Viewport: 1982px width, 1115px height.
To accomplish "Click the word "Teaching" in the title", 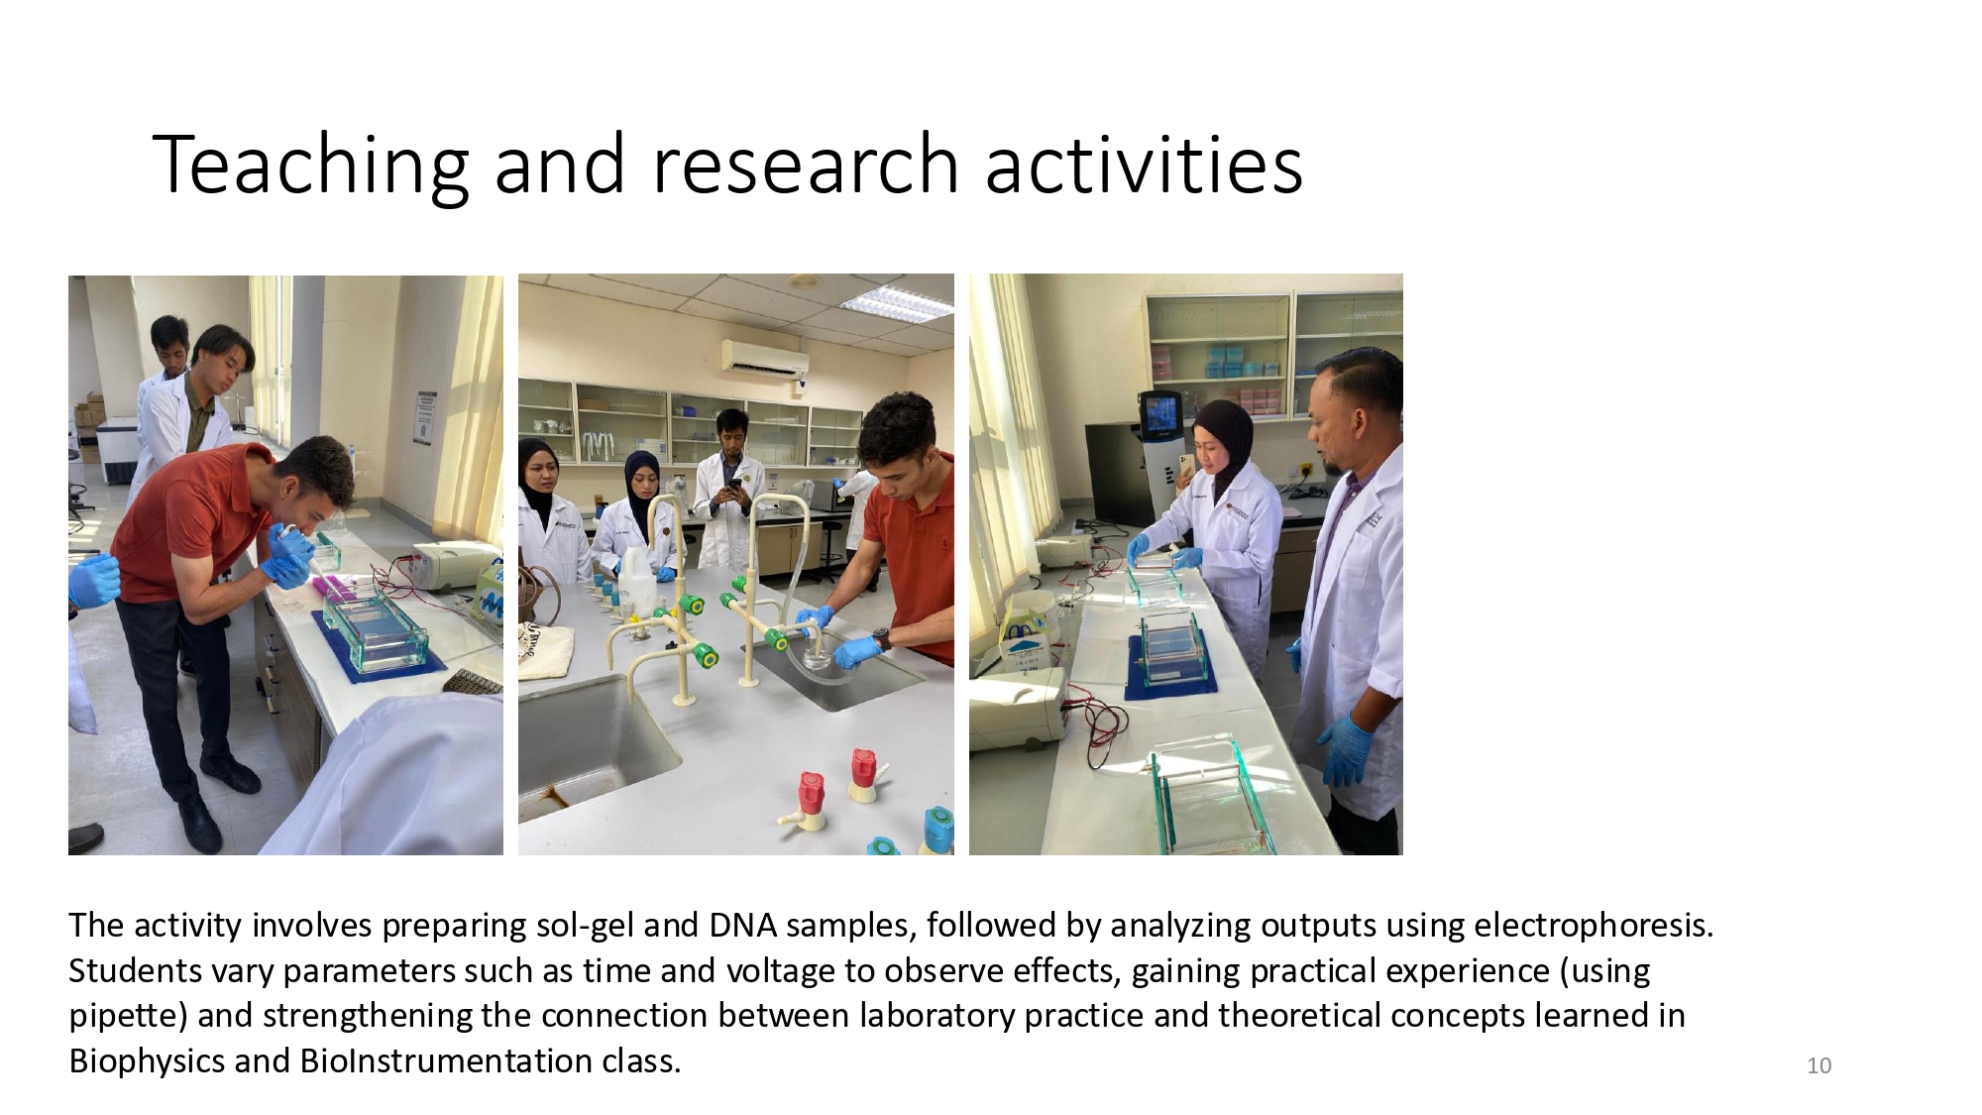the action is coord(310,166).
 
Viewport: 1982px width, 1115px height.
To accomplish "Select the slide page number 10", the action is coord(1819,1065).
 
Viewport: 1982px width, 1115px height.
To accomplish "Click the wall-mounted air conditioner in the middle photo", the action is coord(765,357).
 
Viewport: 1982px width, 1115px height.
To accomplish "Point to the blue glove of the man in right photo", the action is coord(1347,750).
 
